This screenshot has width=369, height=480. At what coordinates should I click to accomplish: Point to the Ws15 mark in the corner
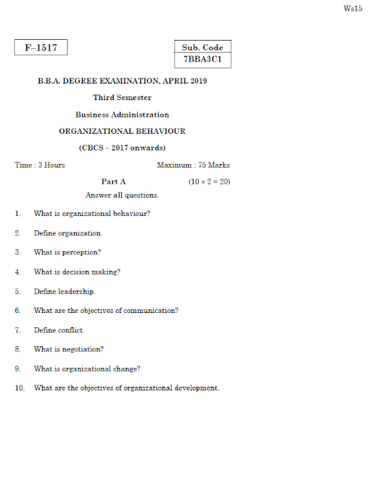[351, 8]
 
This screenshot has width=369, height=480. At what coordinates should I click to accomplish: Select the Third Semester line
[122, 98]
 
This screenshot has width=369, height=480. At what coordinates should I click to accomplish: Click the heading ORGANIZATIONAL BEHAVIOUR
[122, 131]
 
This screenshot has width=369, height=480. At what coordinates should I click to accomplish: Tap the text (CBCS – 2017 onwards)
[122, 147]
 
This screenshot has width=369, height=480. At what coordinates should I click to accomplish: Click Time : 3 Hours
[40, 165]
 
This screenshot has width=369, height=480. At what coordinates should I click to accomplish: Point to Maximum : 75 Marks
[194, 165]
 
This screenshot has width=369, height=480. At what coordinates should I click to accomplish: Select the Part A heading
[113, 181]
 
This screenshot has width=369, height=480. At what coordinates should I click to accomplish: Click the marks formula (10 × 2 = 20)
[209, 181]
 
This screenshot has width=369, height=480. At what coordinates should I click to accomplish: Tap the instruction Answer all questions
[122, 196]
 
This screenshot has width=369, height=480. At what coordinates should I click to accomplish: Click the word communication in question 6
[152, 311]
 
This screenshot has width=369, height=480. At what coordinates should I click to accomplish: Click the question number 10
[19, 388]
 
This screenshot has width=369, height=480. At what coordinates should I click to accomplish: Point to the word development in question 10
[194, 388]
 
